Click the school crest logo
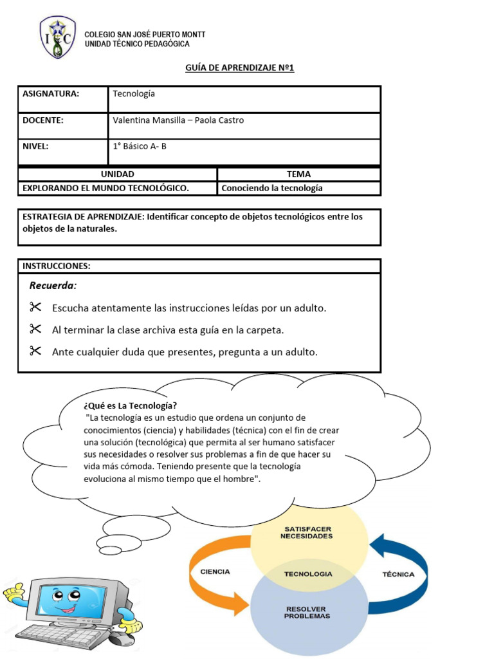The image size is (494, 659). coord(58,37)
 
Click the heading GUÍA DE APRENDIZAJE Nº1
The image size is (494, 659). coord(240,68)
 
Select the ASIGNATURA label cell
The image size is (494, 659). coord(51,94)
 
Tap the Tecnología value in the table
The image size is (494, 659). coord(134,94)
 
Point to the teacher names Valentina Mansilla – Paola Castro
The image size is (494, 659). coord(178,120)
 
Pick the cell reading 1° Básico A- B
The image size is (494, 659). coord(140,146)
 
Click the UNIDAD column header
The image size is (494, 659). coord(118,174)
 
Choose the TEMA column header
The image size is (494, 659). coord(298,174)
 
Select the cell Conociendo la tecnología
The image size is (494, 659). coord(272,189)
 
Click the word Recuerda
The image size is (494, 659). coord(53,286)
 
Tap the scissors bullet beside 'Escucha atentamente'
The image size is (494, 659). coord(35,308)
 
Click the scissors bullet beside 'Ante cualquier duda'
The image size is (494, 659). coord(35,351)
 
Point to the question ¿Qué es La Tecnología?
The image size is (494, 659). coord(131,405)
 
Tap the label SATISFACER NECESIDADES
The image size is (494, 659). coord(307,532)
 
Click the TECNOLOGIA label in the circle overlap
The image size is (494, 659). coord(308,573)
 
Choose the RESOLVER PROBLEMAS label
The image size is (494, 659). coord(307,612)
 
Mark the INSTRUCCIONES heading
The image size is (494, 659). coord(57,266)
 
